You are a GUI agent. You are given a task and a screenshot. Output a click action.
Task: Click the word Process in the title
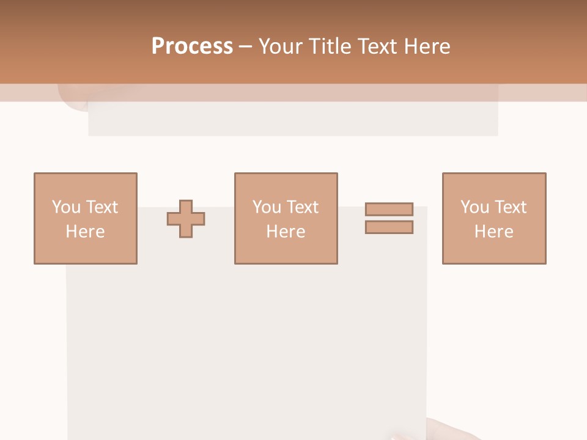(x=192, y=46)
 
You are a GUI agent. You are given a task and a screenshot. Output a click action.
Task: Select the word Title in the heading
(x=330, y=46)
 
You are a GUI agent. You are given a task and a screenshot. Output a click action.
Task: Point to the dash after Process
(x=245, y=47)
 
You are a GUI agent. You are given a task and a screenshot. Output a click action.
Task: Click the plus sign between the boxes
(x=186, y=219)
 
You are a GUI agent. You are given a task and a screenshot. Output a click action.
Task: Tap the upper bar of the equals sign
(x=389, y=209)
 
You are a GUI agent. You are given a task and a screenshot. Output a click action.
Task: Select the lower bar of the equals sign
(x=389, y=227)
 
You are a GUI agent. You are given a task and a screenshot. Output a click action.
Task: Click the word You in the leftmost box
(x=66, y=207)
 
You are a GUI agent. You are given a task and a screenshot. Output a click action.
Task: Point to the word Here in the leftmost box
(x=86, y=232)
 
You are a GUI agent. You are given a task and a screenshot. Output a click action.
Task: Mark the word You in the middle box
(x=267, y=207)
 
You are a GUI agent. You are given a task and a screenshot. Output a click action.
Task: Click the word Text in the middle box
(x=301, y=207)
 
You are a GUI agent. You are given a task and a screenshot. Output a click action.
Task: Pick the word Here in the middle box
(x=286, y=232)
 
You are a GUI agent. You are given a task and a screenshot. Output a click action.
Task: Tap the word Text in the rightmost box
(x=509, y=207)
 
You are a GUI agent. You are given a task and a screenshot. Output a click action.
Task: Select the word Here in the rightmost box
(x=494, y=232)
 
